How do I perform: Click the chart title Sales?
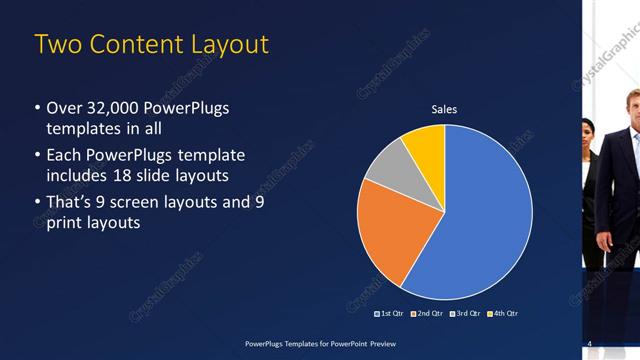tap(444, 109)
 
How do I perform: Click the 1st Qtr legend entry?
tap(391, 313)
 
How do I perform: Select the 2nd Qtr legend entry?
tap(428, 313)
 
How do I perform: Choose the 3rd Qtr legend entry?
tap(465, 313)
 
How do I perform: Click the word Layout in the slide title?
tap(220, 45)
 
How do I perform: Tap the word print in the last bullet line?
tap(66, 223)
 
